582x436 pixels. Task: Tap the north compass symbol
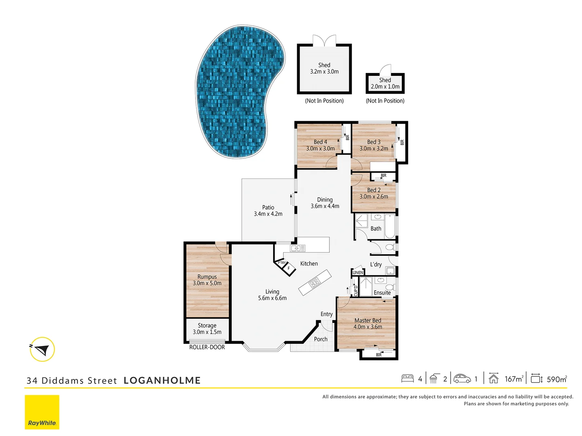[42, 349]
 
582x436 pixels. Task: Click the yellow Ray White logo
[42, 412]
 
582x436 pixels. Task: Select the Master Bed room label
[368, 324]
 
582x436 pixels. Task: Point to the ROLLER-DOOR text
[207, 347]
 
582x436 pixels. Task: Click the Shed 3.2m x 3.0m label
[324, 68]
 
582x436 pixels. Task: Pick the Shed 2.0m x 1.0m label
[385, 83]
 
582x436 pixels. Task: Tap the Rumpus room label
[207, 280]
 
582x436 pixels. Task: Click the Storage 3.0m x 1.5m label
[207, 329]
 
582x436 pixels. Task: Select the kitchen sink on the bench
[298, 248]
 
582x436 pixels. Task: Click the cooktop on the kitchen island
[315, 282]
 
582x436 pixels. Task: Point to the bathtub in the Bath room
[390, 226]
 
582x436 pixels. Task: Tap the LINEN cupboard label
[358, 272]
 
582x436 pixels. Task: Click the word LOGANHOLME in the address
[162, 380]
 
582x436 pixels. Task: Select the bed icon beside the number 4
[407, 379]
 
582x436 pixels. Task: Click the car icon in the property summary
[462, 379]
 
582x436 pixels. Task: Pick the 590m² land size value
[557, 379]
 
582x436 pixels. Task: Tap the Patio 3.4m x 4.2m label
[268, 211]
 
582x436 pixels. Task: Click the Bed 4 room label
[321, 145]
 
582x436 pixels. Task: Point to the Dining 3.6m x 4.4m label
[325, 203]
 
